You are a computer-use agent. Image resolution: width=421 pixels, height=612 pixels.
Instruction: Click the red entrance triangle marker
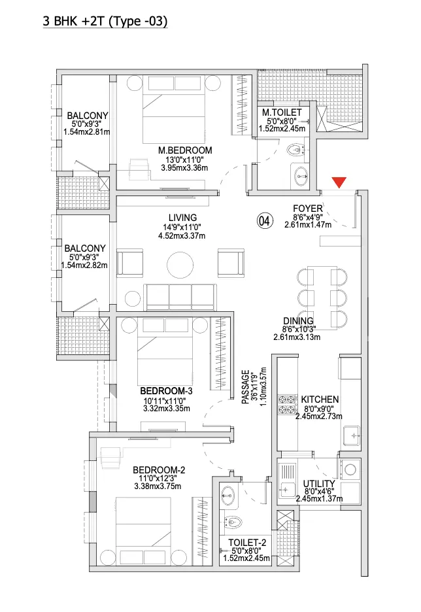[x=339, y=182]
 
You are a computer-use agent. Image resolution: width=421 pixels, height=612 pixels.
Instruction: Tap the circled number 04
[x=264, y=221]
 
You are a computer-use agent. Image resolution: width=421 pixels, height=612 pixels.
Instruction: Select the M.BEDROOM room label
[x=185, y=150]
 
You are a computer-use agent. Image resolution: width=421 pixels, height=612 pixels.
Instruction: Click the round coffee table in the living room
[x=180, y=265]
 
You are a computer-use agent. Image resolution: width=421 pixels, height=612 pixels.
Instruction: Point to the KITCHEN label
[x=320, y=399]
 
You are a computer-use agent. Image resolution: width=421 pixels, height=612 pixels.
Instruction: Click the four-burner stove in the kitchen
[x=287, y=404]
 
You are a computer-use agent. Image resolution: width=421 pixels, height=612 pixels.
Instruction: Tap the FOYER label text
[x=308, y=209]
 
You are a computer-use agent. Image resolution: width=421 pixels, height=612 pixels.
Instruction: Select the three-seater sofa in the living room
[x=180, y=297]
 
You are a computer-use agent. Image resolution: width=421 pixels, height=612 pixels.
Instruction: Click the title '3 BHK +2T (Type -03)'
[x=105, y=21]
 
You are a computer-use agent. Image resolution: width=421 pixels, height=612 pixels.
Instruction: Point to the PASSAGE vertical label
[x=245, y=387]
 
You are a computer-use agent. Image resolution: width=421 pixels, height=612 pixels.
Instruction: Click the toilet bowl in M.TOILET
[x=296, y=150]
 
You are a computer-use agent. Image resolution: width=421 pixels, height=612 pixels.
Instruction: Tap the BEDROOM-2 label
[x=159, y=470]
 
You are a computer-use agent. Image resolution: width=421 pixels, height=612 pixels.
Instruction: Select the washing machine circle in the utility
[x=350, y=469]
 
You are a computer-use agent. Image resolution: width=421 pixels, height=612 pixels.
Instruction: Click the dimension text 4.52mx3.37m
[x=182, y=236]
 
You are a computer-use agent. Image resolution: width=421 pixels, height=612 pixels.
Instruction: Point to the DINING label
[x=298, y=321]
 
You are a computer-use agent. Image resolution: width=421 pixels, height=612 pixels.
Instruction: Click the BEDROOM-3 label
[x=166, y=391]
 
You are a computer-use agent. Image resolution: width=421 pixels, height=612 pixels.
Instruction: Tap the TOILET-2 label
[x=247, y=543]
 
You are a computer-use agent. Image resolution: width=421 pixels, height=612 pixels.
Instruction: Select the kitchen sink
[x=351, y=435]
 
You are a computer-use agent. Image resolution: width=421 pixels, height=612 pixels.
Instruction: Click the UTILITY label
[x=319, y=484]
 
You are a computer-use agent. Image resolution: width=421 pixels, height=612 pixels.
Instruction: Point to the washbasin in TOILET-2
[x=229, y=496]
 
